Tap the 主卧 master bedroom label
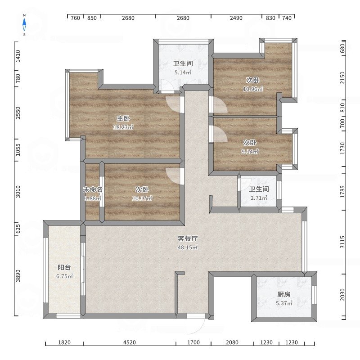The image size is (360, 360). click(x=123, y=118)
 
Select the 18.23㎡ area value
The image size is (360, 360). click(x=123, y=127)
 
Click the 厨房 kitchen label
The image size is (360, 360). click(x=284, y=294)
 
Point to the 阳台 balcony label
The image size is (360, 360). click(x=64, y=267)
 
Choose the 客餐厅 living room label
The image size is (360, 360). click(x=188, y=238)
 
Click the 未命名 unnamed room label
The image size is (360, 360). click(x=93, y=189)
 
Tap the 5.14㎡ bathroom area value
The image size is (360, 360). click(x=183, y=72)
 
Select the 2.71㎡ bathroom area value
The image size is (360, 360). click(x=259, y=198)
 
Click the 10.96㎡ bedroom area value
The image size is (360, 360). click(x=253, y=89)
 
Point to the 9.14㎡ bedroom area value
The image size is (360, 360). click(x=250, y=152)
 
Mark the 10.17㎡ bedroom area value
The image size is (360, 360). click(x=142, y=198)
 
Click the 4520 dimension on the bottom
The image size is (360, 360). click(x=130, y=342)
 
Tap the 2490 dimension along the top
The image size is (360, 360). click(x=236, y=18)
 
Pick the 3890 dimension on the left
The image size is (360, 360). click(x=18, y=276)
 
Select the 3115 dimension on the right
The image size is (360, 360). click(x=342, y=242)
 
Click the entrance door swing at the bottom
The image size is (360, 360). click(x=196, y=325)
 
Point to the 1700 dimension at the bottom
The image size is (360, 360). click(x=193, y=342)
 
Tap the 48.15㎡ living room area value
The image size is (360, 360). click(x=188, y=247)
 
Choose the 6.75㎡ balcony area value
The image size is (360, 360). click(x=64, y=276)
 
